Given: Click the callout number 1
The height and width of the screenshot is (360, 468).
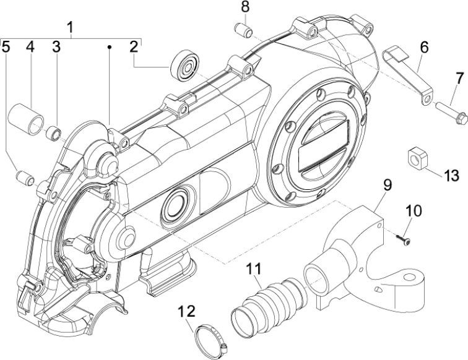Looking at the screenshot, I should (x=70, y=27).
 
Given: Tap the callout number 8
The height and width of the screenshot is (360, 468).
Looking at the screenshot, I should (x=245, y=7).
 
